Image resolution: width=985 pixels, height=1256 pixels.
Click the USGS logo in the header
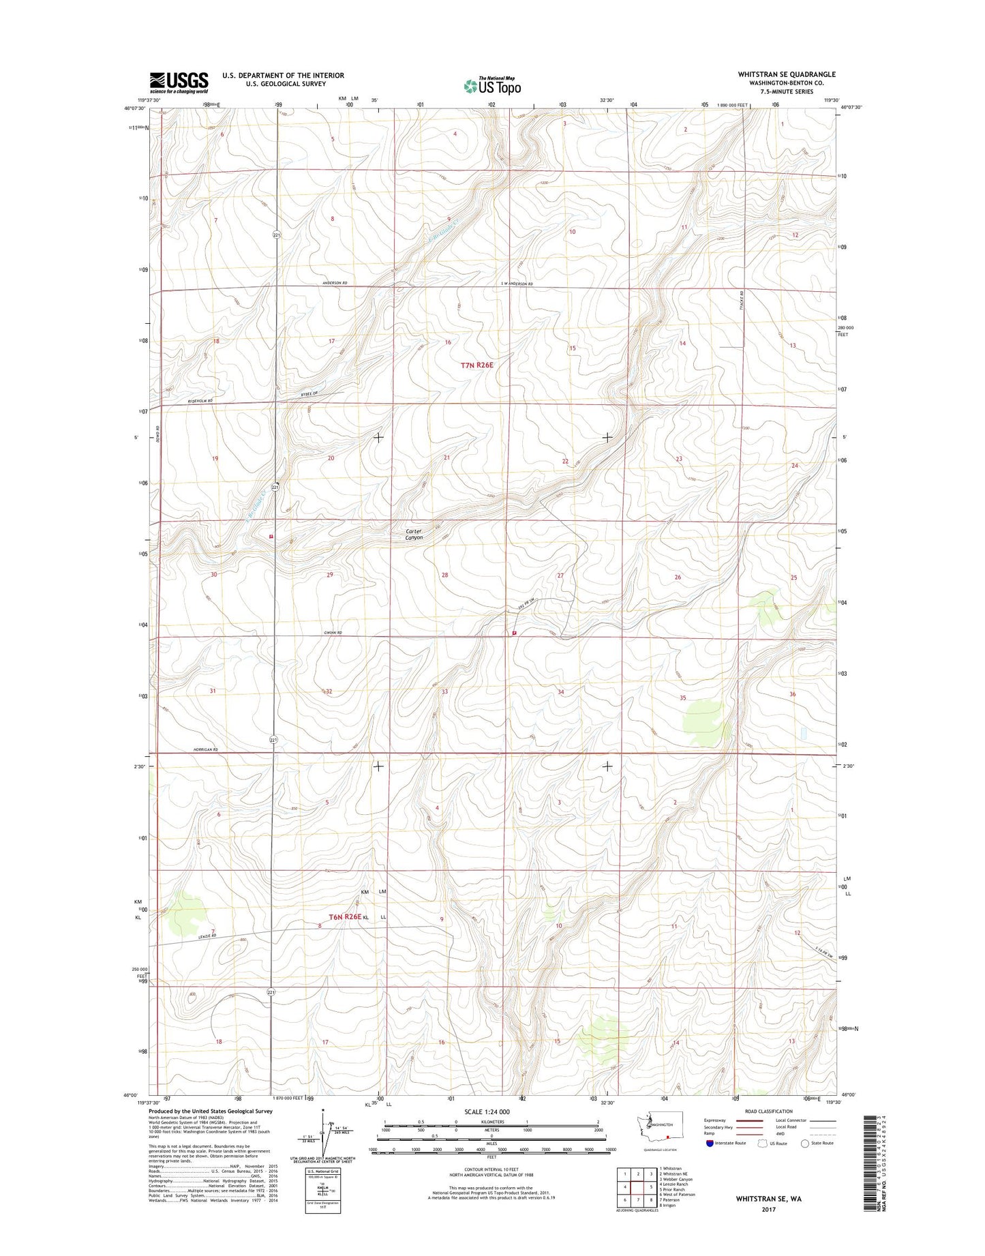point(179,83)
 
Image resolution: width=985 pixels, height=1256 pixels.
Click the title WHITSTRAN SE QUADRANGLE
point(787,74)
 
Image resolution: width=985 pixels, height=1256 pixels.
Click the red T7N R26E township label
point(476,365)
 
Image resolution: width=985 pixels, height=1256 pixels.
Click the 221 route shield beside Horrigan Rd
point(273,740)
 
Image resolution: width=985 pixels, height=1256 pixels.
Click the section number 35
point(682,698)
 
